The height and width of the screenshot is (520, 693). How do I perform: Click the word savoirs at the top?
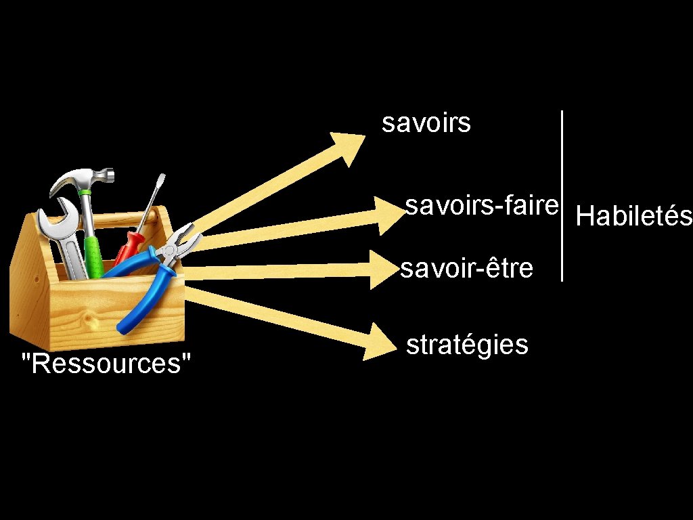pyautogui.click(x=426, y=124)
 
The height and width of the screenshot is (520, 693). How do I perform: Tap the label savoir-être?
pyautogui.click(x=466, y=269)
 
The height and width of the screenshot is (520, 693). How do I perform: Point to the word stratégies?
pyautogui.click(x=466, y=345)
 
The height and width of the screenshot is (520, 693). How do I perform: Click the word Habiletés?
pyautogui.click(x=633, y=217)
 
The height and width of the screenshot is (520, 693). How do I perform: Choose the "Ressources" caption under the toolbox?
pyautogui.click(x=106, y=364)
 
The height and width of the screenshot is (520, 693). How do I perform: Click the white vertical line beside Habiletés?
pyautogui.click(x=562, y=196)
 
